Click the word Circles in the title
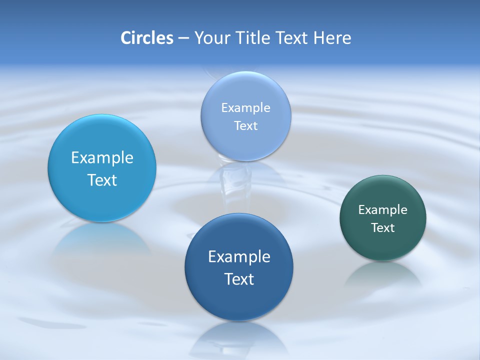147,38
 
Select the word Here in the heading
332,38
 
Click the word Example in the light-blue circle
102,158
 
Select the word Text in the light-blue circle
102,180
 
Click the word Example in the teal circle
383,210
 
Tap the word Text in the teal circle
383,228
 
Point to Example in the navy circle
239,257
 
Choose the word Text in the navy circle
239,279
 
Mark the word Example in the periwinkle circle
245,108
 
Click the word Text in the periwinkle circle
245,126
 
